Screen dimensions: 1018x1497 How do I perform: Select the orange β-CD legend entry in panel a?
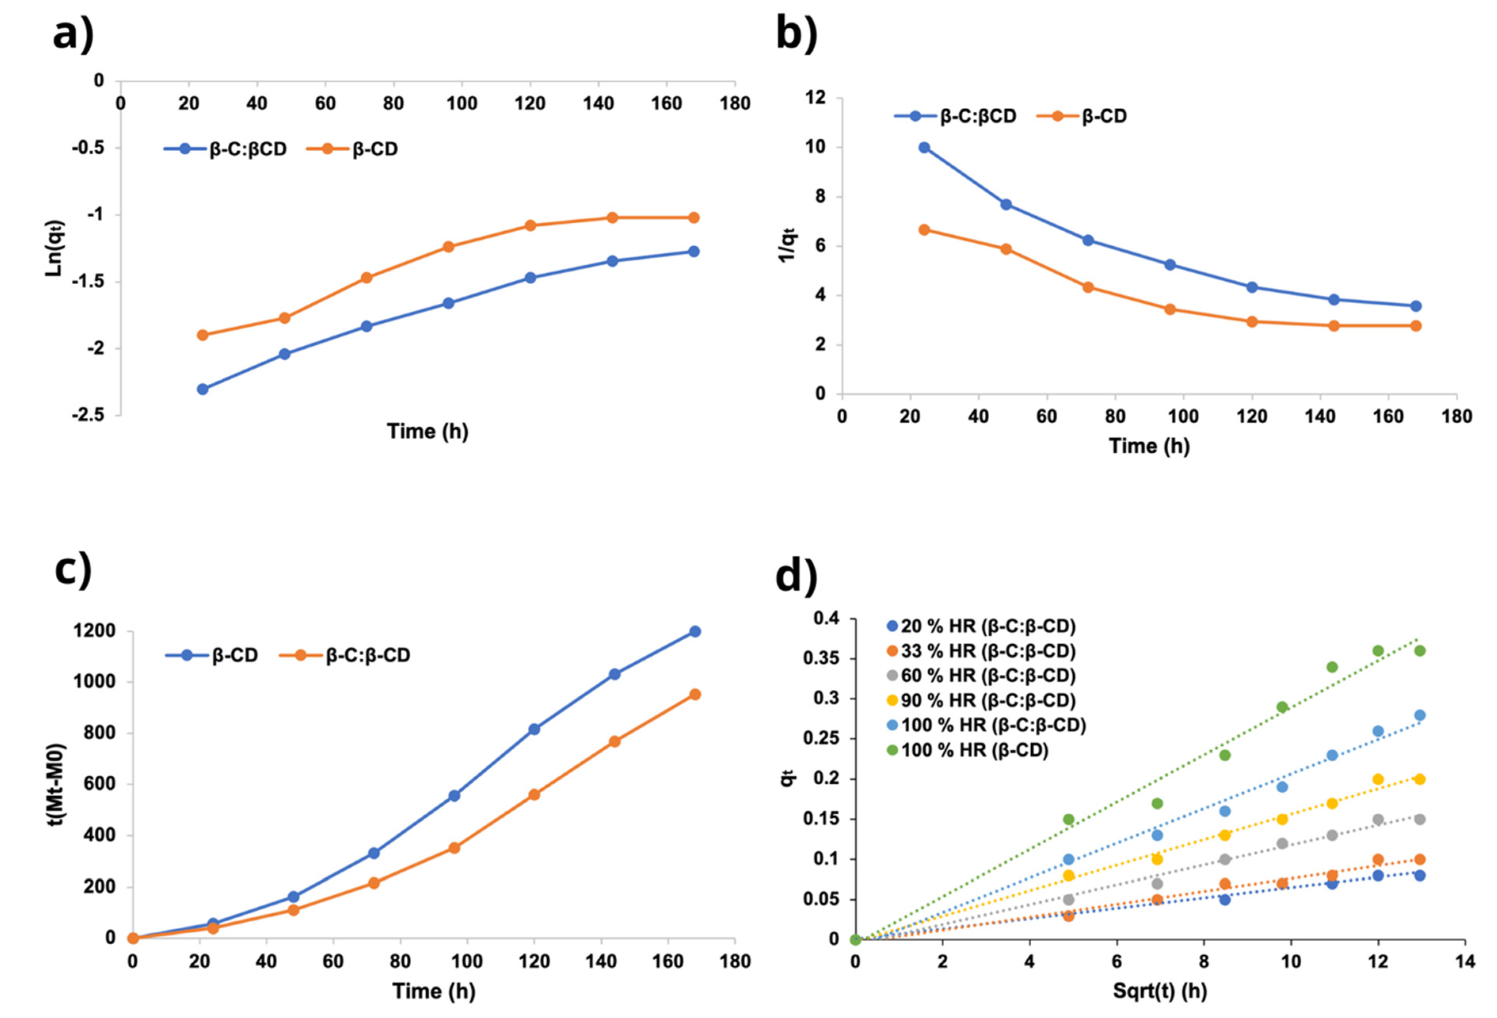(361, 149)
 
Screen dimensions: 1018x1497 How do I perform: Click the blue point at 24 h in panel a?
(202, 389)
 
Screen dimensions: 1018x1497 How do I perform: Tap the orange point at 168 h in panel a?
(694, 218)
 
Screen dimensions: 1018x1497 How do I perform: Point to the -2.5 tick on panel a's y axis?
(89, 415)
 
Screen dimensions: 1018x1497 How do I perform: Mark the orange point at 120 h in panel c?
(534, 795)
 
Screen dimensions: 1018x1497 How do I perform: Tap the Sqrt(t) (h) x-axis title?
(1160, 990)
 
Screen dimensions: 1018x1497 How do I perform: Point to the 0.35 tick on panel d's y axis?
(822, 659)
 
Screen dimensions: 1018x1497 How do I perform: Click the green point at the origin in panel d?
(855, 940)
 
